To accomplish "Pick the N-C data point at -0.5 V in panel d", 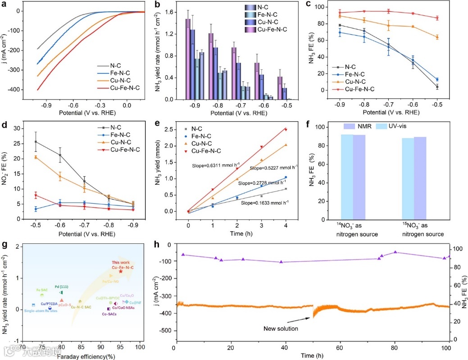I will point(36,142).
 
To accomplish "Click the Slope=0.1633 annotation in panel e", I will point(266,203).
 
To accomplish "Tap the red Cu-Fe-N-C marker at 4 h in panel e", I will point(285,130).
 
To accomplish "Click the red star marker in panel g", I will point(120,271).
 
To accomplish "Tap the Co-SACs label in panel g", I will point(109,314).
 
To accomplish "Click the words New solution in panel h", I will point(281,328).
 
